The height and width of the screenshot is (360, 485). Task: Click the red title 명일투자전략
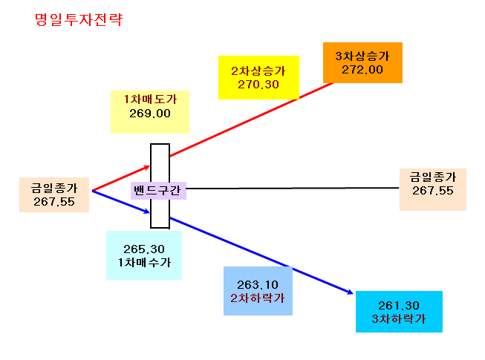pos(79,20)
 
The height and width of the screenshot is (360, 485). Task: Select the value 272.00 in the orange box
pos(362,70)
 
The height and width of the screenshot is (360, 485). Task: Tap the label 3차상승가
pos(362,56)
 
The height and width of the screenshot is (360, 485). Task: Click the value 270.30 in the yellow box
pos(258,85)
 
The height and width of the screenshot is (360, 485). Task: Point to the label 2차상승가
pos(258,71)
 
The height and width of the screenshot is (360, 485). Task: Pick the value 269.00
pos(150,114)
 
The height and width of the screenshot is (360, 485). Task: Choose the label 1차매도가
pos(150,99)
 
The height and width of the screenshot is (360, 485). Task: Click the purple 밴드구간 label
pos(157,190)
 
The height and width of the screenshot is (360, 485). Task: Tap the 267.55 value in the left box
pos(54,202)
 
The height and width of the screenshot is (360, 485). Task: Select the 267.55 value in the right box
pos(433,191)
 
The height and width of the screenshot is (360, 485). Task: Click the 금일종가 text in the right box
pos(433,177)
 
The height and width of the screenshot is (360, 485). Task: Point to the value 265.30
pos(144,249)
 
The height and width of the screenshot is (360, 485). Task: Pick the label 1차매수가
pos(144,263)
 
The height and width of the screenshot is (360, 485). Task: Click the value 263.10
pos(258,284)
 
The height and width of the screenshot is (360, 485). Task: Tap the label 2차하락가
pos(258,298)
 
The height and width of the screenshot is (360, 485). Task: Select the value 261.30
pos(399,306)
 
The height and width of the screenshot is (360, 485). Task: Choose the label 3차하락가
pos(399,319)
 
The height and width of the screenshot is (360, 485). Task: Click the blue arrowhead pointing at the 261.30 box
pos(350,292)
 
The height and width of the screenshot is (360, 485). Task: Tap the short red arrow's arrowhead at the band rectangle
pos(147,168)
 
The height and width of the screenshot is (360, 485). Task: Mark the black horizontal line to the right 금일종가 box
pos(293,188)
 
